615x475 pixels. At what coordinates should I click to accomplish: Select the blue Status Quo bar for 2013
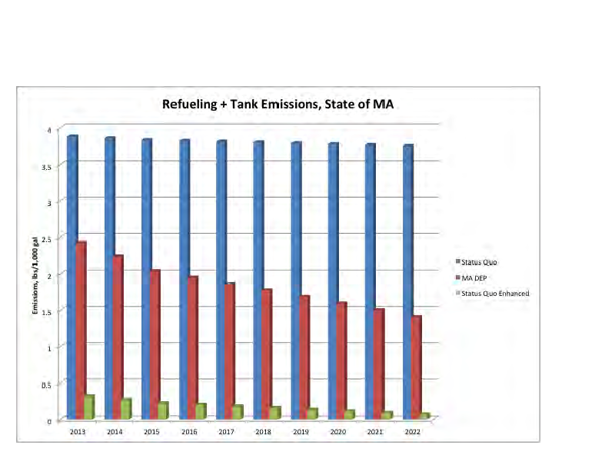pos(72,277)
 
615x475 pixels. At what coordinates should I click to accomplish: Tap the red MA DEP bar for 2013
pos(81,331)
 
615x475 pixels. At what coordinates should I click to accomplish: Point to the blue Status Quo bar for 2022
pos(408,281)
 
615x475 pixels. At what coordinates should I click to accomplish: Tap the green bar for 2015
pos(163,411)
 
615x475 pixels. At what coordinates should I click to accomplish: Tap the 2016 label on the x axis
pos(188,433)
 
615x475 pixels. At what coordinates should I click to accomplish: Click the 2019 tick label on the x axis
pos(301,433)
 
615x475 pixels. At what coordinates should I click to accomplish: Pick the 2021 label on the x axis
pos(375,433)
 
